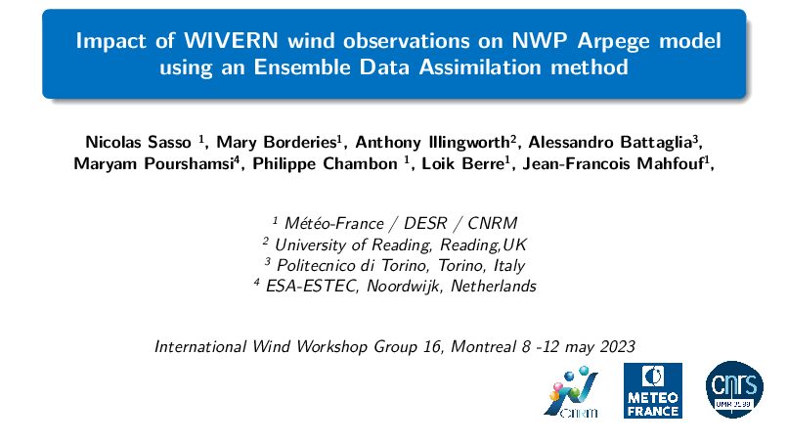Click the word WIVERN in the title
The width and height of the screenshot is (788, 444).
(x=231, y=40)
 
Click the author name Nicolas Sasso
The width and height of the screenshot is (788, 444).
(x=138, y=143)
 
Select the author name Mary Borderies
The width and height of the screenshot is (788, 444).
(x=276, y=143)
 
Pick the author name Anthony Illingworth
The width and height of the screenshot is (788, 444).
(x=432, y=143)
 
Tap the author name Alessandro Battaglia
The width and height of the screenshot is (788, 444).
(x=610, y=143)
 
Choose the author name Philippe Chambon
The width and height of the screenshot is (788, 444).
(x=325, y=164)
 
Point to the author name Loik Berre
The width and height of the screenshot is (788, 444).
(x=462, y=163)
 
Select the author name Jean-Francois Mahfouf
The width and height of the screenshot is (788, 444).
(x=613, y=163)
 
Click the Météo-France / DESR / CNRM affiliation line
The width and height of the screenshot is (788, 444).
(x=395, y=223)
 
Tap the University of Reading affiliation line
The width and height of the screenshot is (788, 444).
(x=395, y=244)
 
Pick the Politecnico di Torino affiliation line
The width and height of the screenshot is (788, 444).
(x=395, y=265)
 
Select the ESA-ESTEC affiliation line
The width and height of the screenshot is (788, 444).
(x=395, y=286)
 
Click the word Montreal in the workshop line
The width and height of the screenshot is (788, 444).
(x=483, y=346)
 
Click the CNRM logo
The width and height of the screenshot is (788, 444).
(x=572, y=392)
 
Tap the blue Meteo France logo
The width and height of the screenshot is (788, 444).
(x=653, y=390)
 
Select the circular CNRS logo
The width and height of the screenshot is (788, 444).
(x=734, y=389)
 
